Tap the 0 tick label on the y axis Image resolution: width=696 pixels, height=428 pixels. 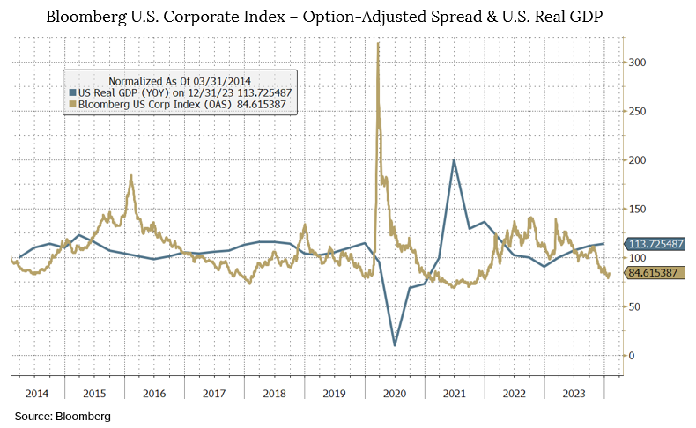click(x=631, y=355)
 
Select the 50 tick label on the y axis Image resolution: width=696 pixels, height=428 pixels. click(x=634, y=306)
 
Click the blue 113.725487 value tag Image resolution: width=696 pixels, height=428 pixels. click(x=657, y=244)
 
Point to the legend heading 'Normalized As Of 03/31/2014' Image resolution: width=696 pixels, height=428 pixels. click(x=181, y=80)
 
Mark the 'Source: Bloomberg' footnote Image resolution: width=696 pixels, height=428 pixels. click(x=63, y=415)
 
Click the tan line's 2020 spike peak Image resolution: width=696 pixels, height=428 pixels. click(x=378, y=43)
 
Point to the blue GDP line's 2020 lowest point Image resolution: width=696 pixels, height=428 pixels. click(x=394, y=344)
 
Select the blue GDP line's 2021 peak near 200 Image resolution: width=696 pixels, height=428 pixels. click(x=454, y=160)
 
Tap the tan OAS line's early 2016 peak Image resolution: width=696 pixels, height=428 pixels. click(x=130, y=176)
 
